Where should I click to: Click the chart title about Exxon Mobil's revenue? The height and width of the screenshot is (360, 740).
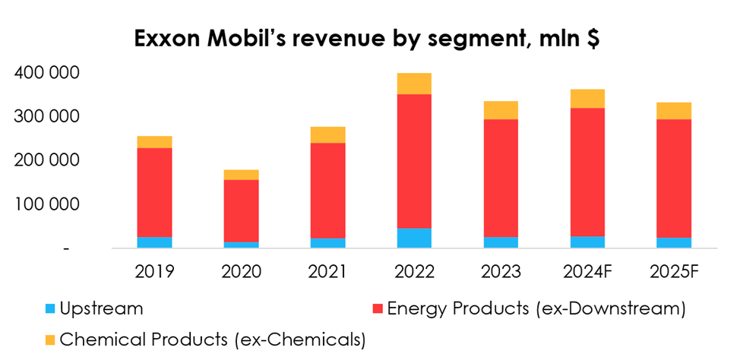(x=367, y=40)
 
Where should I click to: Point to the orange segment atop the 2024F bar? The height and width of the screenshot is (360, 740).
(x=587, y=99)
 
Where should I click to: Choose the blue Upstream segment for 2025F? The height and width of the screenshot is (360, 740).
(x=674, y=243)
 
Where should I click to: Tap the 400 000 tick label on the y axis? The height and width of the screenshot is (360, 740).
(x=48, y=73)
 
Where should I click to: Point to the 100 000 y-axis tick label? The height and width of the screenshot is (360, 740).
(x=48, y=204)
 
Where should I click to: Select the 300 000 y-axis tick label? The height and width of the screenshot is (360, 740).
(x=48, y=117)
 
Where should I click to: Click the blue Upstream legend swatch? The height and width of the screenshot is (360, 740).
(x=50, y=308)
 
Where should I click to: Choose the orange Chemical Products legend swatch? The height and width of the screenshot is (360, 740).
(x=50, y=339)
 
